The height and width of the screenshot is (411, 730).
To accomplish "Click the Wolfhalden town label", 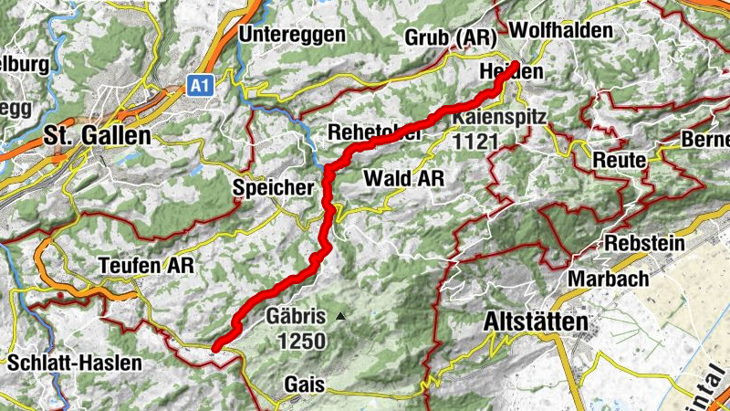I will click(561, 30).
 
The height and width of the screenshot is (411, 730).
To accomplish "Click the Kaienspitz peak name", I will click(499, 118).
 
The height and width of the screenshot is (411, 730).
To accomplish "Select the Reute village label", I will click(619, 160).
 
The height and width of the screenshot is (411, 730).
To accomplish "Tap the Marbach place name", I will click(609, 278).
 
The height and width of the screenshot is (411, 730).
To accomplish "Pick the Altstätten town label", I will click(534, 321).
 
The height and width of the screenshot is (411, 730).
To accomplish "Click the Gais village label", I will click(304, 384).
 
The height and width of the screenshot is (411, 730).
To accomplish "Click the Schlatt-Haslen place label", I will click(75, 363).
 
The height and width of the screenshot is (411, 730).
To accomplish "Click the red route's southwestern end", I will click(215, 347).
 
